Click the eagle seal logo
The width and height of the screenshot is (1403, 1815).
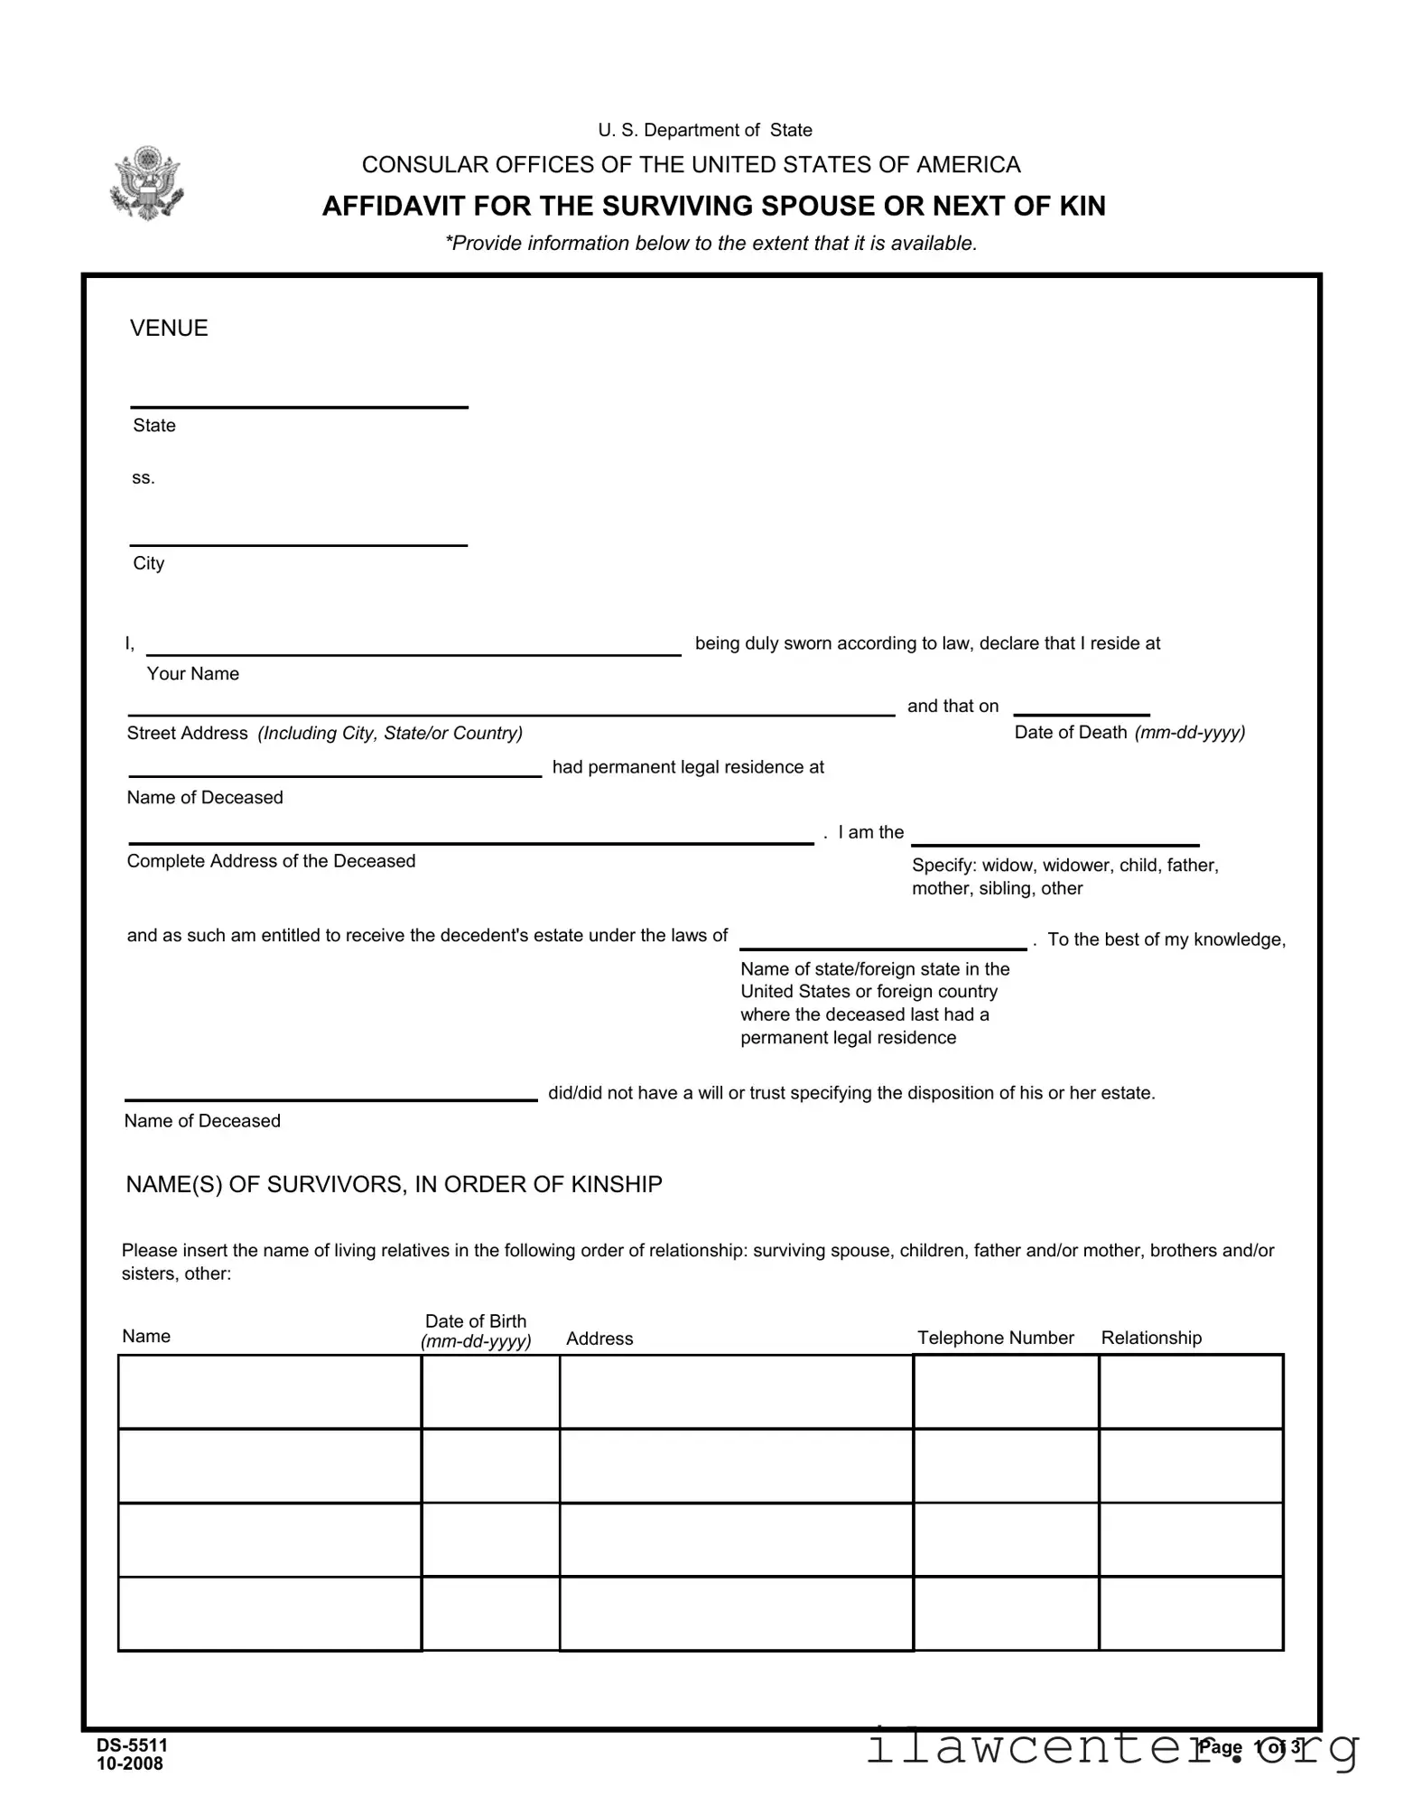(145, 183)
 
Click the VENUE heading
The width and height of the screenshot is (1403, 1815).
(169, 328)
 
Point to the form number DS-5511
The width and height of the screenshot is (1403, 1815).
(132, 1745)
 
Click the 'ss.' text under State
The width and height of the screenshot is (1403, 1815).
(144, 478)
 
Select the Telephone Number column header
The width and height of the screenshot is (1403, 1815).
(995, 1338)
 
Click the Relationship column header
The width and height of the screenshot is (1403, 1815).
(1151, 1338)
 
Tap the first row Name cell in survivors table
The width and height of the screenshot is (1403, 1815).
(269, 1392)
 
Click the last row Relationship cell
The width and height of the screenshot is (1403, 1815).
(1190, 1614)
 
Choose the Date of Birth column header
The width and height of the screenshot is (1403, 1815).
(476, 1330)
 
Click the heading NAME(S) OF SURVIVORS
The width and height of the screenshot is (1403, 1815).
(394, 1184)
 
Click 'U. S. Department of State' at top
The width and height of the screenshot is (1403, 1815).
(704, 131)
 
